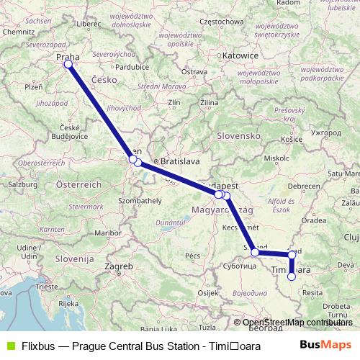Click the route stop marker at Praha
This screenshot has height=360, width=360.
[x=68, y=64]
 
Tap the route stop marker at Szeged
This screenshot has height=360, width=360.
[x=255, y=253]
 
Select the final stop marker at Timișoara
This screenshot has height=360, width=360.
[x=292, y=276]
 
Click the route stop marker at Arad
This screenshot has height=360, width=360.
[x=291, y=255]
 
